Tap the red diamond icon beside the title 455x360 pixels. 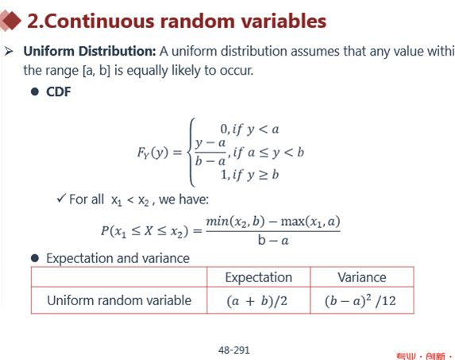point(10,21)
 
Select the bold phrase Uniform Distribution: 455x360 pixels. point(90,52)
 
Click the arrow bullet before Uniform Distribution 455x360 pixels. point(9,52)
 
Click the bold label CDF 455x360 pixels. point(58,91)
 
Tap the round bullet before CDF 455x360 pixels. point(35,92)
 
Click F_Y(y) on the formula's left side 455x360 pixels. point(152,153)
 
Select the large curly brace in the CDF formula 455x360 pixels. point(191,152)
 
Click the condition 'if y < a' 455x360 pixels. point(256,130)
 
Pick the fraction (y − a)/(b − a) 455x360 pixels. point(210,152)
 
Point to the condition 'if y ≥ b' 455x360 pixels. point(256,175)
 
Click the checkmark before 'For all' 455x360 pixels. point(61,199)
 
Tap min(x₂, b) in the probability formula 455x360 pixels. point(235,222)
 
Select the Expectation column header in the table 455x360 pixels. point(259,277)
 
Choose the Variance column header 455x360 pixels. point(362,277)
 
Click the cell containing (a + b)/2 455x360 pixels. point(259,300)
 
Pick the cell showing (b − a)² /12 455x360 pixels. point(362,300)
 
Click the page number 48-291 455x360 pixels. point(234,350)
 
